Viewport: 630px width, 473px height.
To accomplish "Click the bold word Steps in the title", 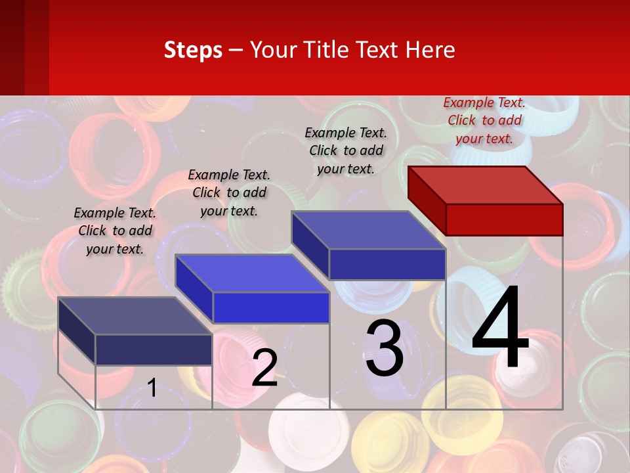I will pyautogui.click(x=193, y=50).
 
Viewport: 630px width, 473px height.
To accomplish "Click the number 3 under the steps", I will pyautogui.click(x=385, y=348).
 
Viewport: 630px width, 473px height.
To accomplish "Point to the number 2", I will pyautogui.click(x=264, y=368).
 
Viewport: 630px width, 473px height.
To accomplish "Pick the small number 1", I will pyautogui.click(x=152, y=388).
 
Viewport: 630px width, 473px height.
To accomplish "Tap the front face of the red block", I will pyautogui.click(x=504, y=219).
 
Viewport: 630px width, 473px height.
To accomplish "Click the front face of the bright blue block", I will pyautogui.click(x=271, y=307).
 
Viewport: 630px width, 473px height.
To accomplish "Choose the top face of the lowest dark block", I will pyautogui.click(x=135, y=315).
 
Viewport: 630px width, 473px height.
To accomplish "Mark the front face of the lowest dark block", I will pyautogui.click(x=154, y=349).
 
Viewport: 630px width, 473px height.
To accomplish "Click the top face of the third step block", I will pyautogui.click(x=368, y=230).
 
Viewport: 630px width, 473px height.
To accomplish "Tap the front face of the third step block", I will pyautogui.click(x=387, y=264).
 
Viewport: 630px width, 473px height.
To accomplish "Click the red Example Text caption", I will pyautogui.click(x=484, y=120).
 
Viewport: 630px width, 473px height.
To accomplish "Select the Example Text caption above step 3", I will pyautogui.click(x=346, y=150).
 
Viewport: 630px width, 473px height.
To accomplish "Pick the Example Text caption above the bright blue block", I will pyautogui.click(x=229, y=192).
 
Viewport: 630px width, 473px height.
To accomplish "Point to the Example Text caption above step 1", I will pyautogui.click(x=115, y=231).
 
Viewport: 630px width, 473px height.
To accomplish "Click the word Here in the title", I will pyautogui.click(x=430, y=50).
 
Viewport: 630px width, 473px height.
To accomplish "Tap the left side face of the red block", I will pyautogui.click(x=427, y=200).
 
